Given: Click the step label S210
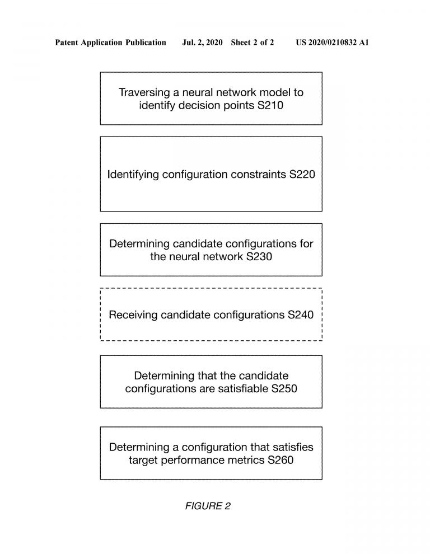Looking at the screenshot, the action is tap(270, 105).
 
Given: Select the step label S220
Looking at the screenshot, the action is tap(302, 174).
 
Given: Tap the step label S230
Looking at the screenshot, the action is tap(259, 256).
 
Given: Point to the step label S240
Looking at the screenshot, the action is tap(301, 315).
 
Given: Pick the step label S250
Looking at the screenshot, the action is tap(284, 389).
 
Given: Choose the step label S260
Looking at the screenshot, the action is tap(281, 460).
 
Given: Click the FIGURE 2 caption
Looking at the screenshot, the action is tap(208, 506).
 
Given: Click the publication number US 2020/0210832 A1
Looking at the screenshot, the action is tap(333, 43).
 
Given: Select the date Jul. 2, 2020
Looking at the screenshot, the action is tap(202, 43).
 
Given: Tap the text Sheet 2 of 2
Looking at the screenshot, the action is tap(253, 43).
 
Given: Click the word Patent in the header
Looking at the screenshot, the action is tap(67, 43).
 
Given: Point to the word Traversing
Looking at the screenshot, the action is tap(144, 92).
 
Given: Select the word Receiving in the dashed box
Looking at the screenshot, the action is tap(133, 315).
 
